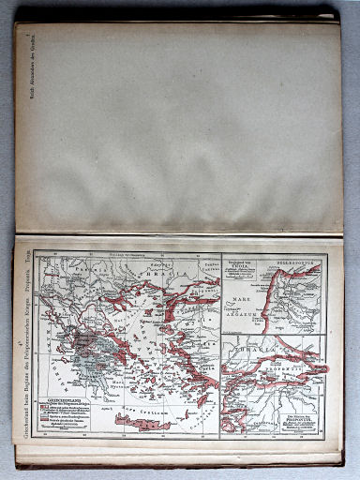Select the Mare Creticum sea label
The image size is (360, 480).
tap(141, 398)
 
